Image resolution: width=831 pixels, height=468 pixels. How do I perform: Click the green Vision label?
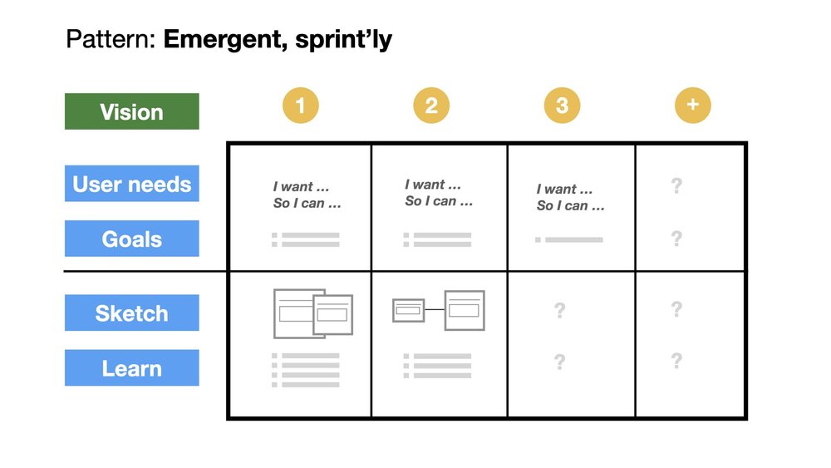point(131,111)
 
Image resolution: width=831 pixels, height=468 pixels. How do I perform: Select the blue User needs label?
point(131,184)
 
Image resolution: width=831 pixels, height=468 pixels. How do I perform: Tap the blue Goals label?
point(131,239)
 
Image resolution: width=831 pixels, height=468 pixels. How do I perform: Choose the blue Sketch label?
point(131,313)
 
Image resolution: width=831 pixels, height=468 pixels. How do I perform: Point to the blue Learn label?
point(131,367)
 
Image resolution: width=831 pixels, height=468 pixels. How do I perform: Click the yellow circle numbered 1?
point(300,106)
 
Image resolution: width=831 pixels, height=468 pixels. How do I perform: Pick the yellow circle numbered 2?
point(431,106)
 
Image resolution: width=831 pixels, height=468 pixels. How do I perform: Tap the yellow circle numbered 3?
point(562,106)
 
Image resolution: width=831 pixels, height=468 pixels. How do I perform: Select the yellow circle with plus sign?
point(692,106)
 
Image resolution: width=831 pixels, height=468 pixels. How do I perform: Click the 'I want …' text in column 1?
point(301,187)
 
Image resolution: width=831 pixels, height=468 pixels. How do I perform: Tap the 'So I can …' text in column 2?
point(439,201)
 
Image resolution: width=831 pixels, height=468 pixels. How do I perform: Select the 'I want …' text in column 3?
point(564,190)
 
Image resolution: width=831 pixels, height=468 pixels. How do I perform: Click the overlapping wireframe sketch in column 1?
point(312,313)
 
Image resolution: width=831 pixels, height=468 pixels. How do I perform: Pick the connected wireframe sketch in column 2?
point(438,310)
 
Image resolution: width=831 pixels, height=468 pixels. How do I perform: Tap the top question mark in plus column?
point(676,185)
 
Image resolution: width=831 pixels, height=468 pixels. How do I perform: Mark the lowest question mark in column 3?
point(559,362)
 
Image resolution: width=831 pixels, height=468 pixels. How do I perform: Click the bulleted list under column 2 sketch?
point(438,366)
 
